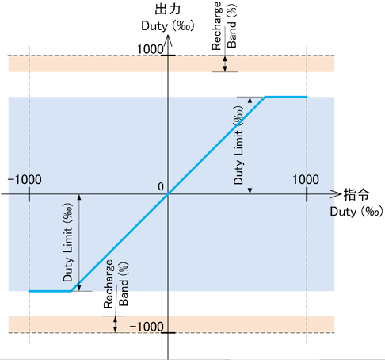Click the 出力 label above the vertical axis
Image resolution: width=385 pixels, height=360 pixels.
pyautogui.click(x=168, y=10)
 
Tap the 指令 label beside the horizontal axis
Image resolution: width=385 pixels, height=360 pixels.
pyautogui.click(x=356, y=195)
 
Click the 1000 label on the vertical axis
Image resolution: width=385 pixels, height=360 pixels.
pyautogui.click(x=151, y=49)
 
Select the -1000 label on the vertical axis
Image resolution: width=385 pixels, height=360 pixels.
pyautogui.click(x=147, y=327)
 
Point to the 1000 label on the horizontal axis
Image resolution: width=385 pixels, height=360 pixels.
pyautogui.click(x=306, y=180)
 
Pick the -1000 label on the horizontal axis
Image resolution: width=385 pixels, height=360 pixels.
pyautogui.click(x=25, y=180)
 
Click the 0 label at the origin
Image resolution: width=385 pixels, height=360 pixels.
pyautogui.click(x=161, y=186)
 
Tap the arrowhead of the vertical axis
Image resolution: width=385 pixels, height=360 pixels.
pyautogui.click(x=168, y=40)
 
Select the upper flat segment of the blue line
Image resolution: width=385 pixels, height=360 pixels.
pyautogui.click(x=286, y=97)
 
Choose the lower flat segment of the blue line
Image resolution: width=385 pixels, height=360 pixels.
pyautogui.click(x=50, y=291)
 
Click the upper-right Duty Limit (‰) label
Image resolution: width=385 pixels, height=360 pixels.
pyautogui.click(x=238, y=145)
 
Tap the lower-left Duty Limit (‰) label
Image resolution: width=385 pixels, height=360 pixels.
pyautogui.click(x=67, y=242)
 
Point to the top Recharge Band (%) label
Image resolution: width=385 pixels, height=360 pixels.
pyautogui.click(x=224, y=25)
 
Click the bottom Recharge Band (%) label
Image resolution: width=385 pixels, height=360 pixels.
pyautogui.click(x=116, y=284)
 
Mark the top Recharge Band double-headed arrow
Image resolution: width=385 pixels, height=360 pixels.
pyautogui.click(x=225, y=63)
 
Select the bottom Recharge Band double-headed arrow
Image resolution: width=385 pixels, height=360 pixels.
pyautogui.click(x=115, y=324)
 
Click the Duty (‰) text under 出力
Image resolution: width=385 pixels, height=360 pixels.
pyautogui.click(x=168, y=26)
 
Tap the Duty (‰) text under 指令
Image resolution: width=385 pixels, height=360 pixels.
pyautogui.click(x=356, y=212)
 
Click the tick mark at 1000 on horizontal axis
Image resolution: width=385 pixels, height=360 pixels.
pyautogui.click(x=307, y=194)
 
